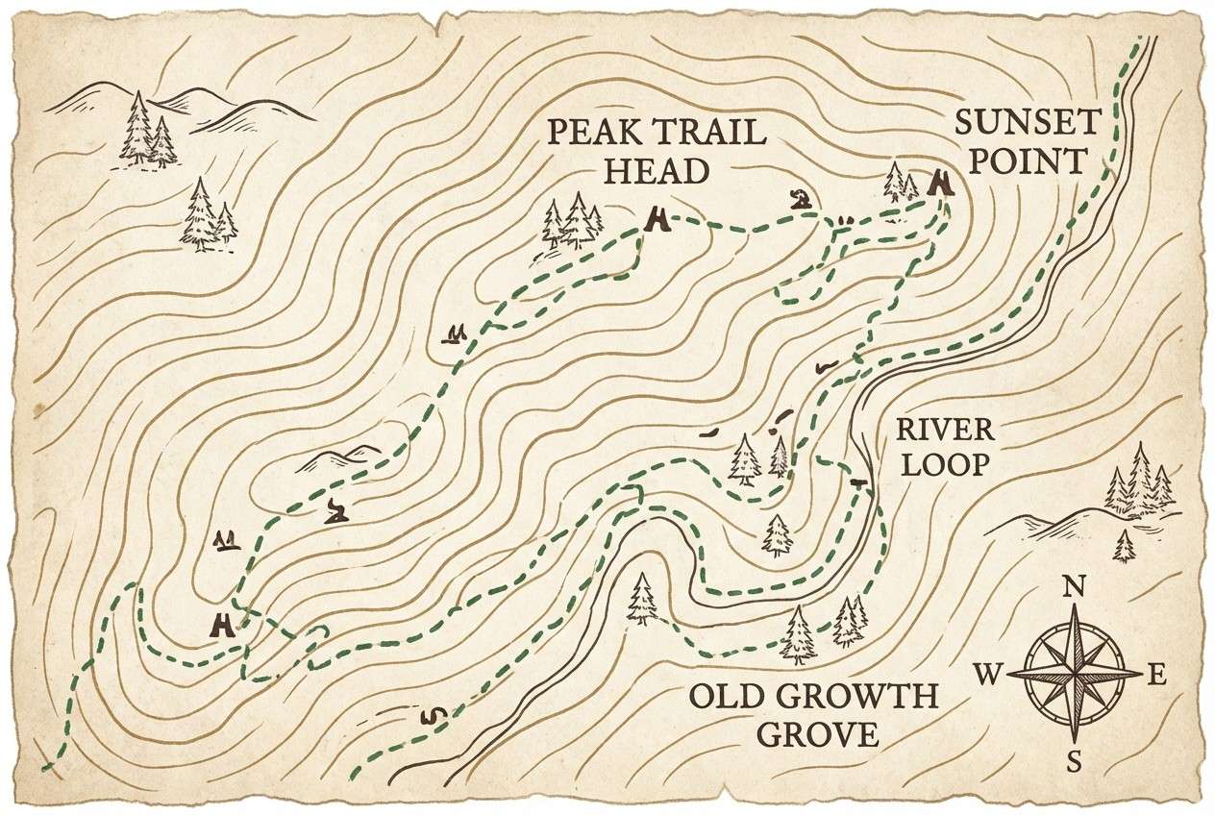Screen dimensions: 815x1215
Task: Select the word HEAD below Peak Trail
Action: pos(657,171)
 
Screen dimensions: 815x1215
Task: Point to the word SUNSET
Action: pos(1027,123)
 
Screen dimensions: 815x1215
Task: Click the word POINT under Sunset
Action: pos(1027,161)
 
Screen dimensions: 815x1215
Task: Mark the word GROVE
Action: pos(817,735)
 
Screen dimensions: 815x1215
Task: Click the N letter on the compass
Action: pos(1074,586)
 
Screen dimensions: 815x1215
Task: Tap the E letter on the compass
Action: pos(1158,677)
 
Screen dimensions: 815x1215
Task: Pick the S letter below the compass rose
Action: pos(1075,763)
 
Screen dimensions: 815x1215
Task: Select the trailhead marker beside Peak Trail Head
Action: pos(657,220)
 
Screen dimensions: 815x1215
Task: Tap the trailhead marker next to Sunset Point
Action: pos(941,183)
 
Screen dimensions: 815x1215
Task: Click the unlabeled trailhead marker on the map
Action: pos(223,626)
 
